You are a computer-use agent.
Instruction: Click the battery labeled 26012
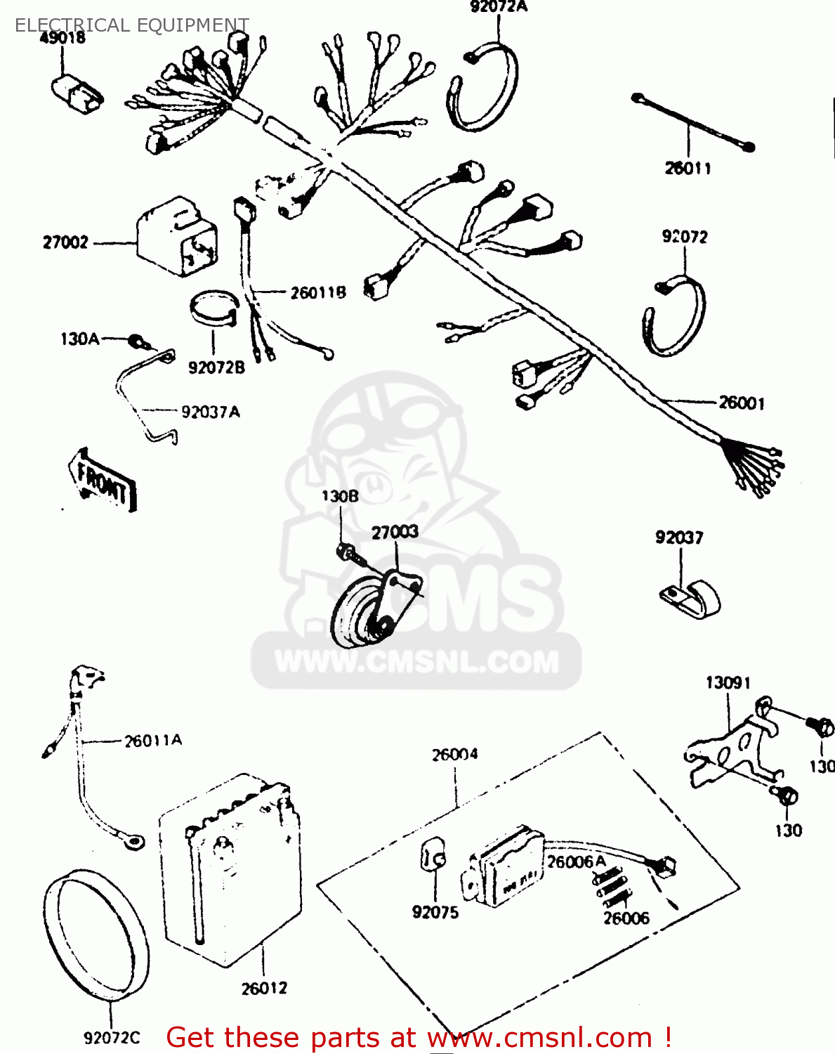click(x=232, y=871)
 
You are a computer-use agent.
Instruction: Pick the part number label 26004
click(x=454, y=755)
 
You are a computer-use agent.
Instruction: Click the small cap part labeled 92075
click(x=433, y=855)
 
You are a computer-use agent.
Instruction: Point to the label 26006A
click(x=576, y=862)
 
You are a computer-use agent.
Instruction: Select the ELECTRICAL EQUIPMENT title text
click(x=131, y=25)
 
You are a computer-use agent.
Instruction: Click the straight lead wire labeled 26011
click(x=692, y=123)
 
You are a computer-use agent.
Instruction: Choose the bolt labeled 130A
click(x=140, y=343)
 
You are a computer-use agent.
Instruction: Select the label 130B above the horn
click(x=340, y=496)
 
